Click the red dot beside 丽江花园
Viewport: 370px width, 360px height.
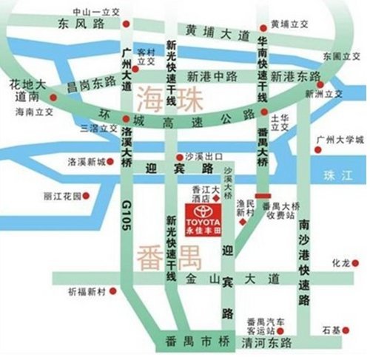(x=86, y=196)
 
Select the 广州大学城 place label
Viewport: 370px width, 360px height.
(x=340, y=140)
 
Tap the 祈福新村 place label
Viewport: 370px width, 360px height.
(x=87, y=291)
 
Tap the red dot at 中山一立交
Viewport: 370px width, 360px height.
(x=127, y=24)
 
